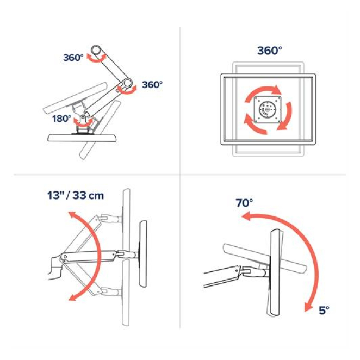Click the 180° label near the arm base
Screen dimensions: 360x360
point(62,119)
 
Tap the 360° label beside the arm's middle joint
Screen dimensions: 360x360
point(152,85)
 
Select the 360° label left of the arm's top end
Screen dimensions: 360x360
point(73,58)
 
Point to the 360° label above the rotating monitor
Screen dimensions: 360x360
point(270,51)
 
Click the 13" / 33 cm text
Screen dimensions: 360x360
point(76,196)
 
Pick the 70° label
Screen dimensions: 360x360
point(244,203)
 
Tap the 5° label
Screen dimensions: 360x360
point(324,311)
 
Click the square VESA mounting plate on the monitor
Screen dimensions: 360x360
point(268,110)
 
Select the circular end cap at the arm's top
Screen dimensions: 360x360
point(96,49)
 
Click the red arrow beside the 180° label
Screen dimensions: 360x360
point(83,123)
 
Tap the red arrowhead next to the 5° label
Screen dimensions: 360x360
point(308,307)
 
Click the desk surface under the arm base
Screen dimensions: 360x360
point(82,138)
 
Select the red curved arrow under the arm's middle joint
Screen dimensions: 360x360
point(127,90)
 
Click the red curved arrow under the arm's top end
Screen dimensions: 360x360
point(97,59)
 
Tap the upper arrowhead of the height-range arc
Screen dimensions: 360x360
point(73,216)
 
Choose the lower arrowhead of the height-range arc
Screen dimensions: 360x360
point(73,297)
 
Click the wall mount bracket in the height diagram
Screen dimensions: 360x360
point(54,268)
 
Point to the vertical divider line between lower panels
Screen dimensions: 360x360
point(180,252)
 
